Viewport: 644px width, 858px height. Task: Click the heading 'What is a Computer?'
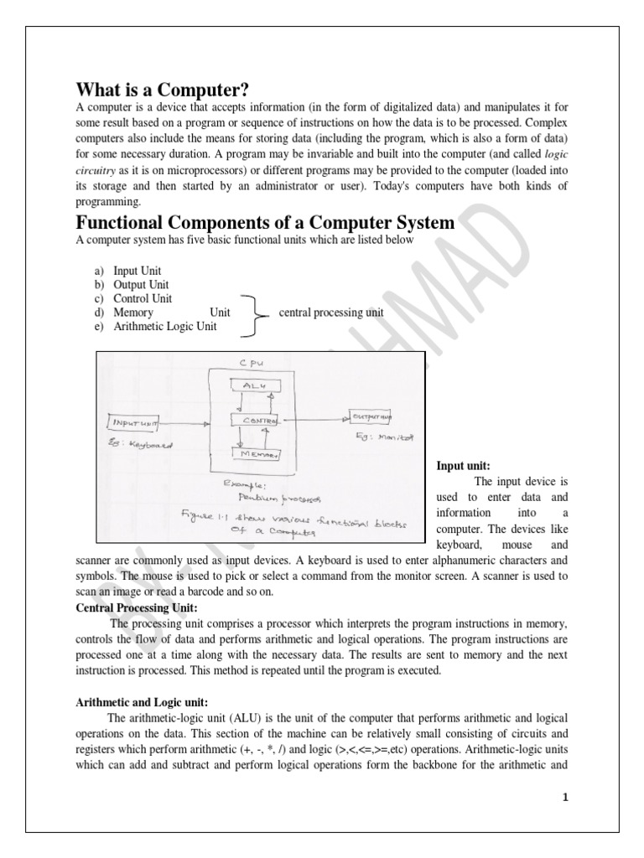coord(163,90)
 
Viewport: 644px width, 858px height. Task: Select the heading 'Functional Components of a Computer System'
coord(265,223)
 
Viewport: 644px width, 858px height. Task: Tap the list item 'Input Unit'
coord(138,271)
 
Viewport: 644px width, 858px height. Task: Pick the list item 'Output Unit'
coord(141,285)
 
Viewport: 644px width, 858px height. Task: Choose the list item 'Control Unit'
coord(142,298)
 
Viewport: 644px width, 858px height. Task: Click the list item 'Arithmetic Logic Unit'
coord(164,326)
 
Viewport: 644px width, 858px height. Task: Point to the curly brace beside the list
coord(250,313)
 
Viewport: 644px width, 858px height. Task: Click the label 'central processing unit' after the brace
coord(330,313)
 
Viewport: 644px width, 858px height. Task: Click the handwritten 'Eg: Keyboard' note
coord(140,445)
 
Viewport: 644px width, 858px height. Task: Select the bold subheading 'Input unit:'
coord(464,465)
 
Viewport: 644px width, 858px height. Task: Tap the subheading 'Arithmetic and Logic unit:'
coord(141,701)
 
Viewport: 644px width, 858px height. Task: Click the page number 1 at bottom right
coord(565,796)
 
